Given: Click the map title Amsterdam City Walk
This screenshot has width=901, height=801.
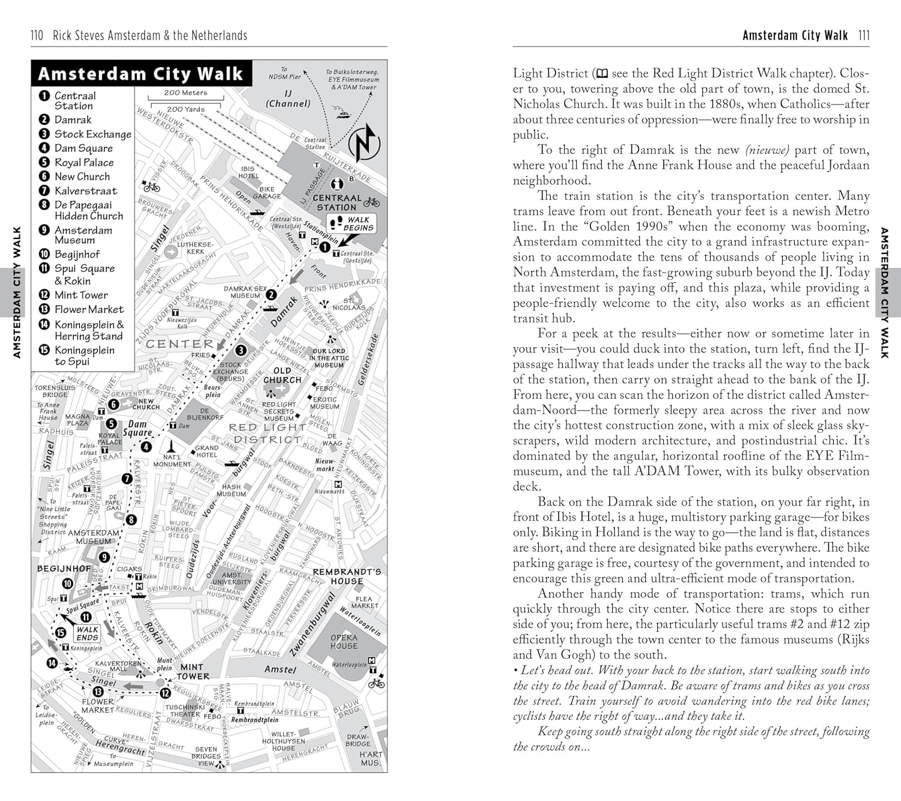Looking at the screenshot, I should click(x=140, y=74).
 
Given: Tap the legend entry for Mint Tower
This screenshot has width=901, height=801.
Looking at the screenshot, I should click(x=81, y=295).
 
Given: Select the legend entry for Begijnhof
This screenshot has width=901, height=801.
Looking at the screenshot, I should click(x=77, y=254).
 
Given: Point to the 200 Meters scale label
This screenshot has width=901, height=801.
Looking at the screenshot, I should click(x=186, y=93).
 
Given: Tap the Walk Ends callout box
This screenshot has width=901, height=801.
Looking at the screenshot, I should click(x=87, y=633).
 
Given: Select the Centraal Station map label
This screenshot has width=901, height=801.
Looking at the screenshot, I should click(x=337, y=202).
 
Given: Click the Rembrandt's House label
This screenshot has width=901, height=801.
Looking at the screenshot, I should click(x=347, y=576).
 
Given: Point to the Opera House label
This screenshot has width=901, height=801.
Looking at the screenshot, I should click(x=344, y=641).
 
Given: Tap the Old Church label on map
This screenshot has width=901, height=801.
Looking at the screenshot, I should click(x=282, y=375).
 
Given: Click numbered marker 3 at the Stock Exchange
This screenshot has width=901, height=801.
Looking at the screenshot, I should click(x=241, y=350).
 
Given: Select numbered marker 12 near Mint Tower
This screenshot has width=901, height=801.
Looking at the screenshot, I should click(x=165, y=693).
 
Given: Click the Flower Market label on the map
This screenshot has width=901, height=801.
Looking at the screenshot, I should click(x=97, y=706).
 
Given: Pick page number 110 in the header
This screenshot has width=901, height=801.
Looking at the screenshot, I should click(x=37, y=35).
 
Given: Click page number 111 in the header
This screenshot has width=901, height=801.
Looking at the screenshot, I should click(x=864, y=35).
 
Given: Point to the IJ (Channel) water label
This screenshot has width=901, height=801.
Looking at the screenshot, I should click(x=288, y=98).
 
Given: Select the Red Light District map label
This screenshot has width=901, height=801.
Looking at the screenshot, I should click(x=267, y=433).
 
